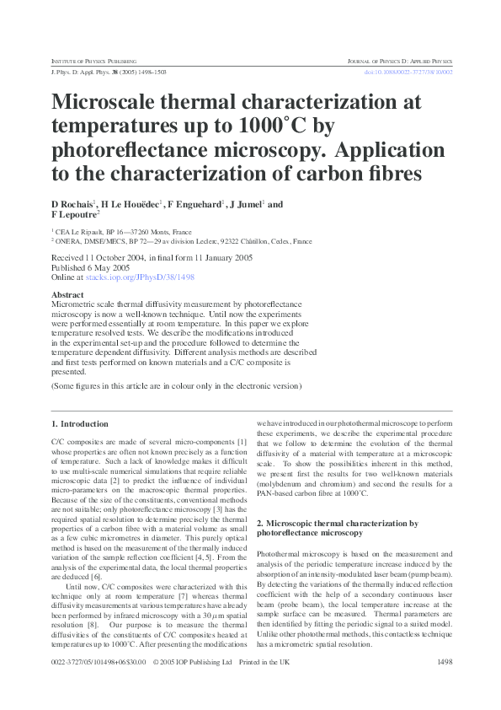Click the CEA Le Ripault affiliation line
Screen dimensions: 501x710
121,231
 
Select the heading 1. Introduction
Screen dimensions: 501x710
79,423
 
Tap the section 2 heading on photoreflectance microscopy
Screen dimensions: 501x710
337,528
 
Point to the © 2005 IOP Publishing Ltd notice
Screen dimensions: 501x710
191,662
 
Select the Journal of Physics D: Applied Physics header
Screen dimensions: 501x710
400,62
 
